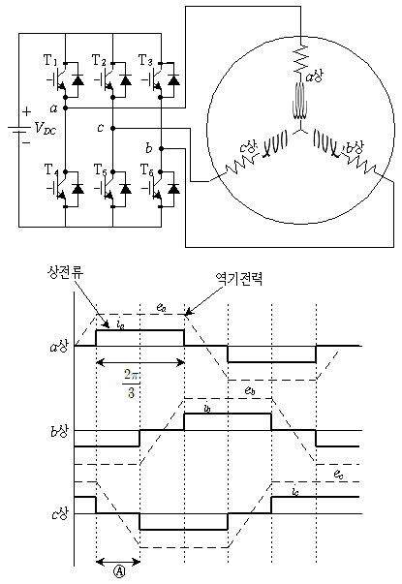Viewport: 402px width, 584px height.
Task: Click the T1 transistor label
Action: (50, 60)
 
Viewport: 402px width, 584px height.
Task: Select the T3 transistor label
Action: (145, 60)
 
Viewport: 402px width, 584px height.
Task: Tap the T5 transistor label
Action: (100, 170)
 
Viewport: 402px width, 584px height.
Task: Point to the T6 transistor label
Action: (147, 170)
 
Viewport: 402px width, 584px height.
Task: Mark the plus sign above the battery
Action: (26, 111)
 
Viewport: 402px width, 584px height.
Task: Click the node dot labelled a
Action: (65, 108)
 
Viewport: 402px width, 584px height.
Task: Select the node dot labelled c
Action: (113, 128)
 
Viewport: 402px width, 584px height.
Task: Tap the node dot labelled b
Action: (161, 148)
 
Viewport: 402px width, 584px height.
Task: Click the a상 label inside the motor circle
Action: (315, 77)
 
